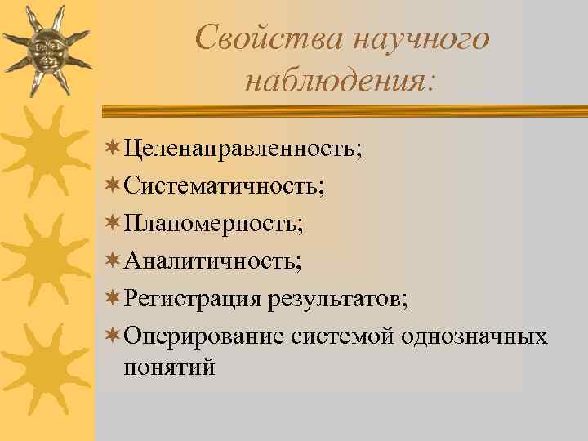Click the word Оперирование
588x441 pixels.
tap(204, 336)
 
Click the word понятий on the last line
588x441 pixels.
tap(169, 367)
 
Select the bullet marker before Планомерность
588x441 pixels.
tap(114, 223)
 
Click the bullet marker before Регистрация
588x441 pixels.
tap(114, 298)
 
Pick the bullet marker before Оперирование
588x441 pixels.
tap(114, 336)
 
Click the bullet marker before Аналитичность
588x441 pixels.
tap(114, 261)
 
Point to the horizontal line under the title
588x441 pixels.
tap(343, 109)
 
